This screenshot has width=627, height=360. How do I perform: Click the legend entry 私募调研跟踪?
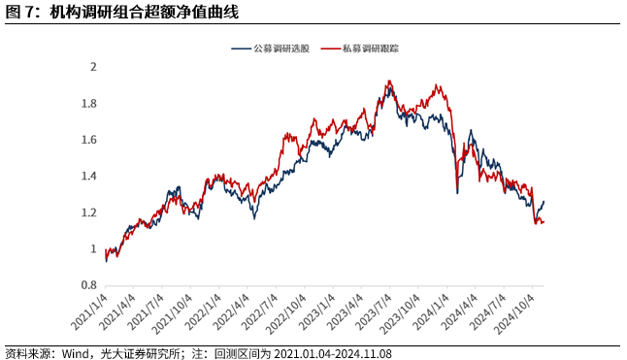[366, 49]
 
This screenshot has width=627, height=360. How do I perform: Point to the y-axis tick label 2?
[93, 67]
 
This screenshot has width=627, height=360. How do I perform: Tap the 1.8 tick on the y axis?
[89, 104]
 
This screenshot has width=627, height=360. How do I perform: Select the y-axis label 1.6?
[89, 140]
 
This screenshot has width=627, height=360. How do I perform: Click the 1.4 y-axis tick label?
[89, 177]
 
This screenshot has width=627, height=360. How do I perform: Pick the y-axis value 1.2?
[89, 213]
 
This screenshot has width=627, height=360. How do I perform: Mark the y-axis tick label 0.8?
[89, 285]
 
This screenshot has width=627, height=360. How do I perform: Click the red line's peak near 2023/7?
[388, 82]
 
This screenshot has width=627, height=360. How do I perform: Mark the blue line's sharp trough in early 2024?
[457, 193]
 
